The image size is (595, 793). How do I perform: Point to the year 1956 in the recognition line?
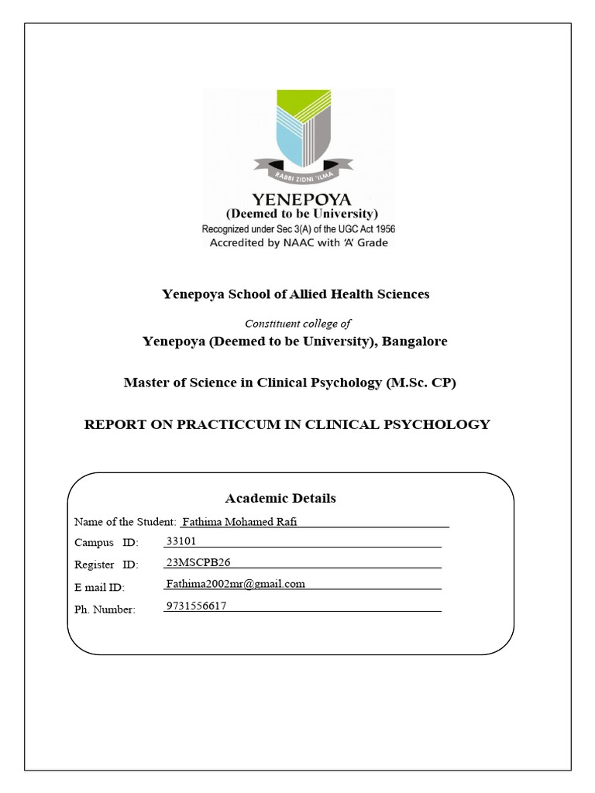(x=381, y=229)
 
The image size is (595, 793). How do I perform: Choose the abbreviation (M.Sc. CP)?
(x=421, y=383)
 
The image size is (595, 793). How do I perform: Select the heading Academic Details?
(x=280, y=498)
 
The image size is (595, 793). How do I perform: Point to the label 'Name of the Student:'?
(x=126, y=522)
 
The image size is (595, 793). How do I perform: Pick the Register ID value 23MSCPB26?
(x=198, y=562)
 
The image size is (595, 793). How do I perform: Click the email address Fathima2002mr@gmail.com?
(x=236, y=584)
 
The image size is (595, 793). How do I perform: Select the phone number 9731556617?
(x=197, y=606)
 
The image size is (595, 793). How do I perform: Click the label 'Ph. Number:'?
(x=105, y=609)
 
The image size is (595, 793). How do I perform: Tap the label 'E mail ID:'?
(x=99, y=588)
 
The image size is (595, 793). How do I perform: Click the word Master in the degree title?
(x=145, y=383)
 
